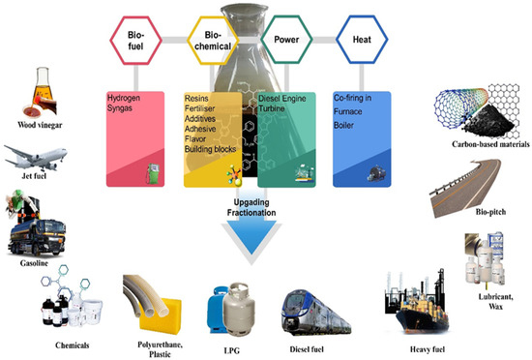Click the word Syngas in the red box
(x=125, y=110)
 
